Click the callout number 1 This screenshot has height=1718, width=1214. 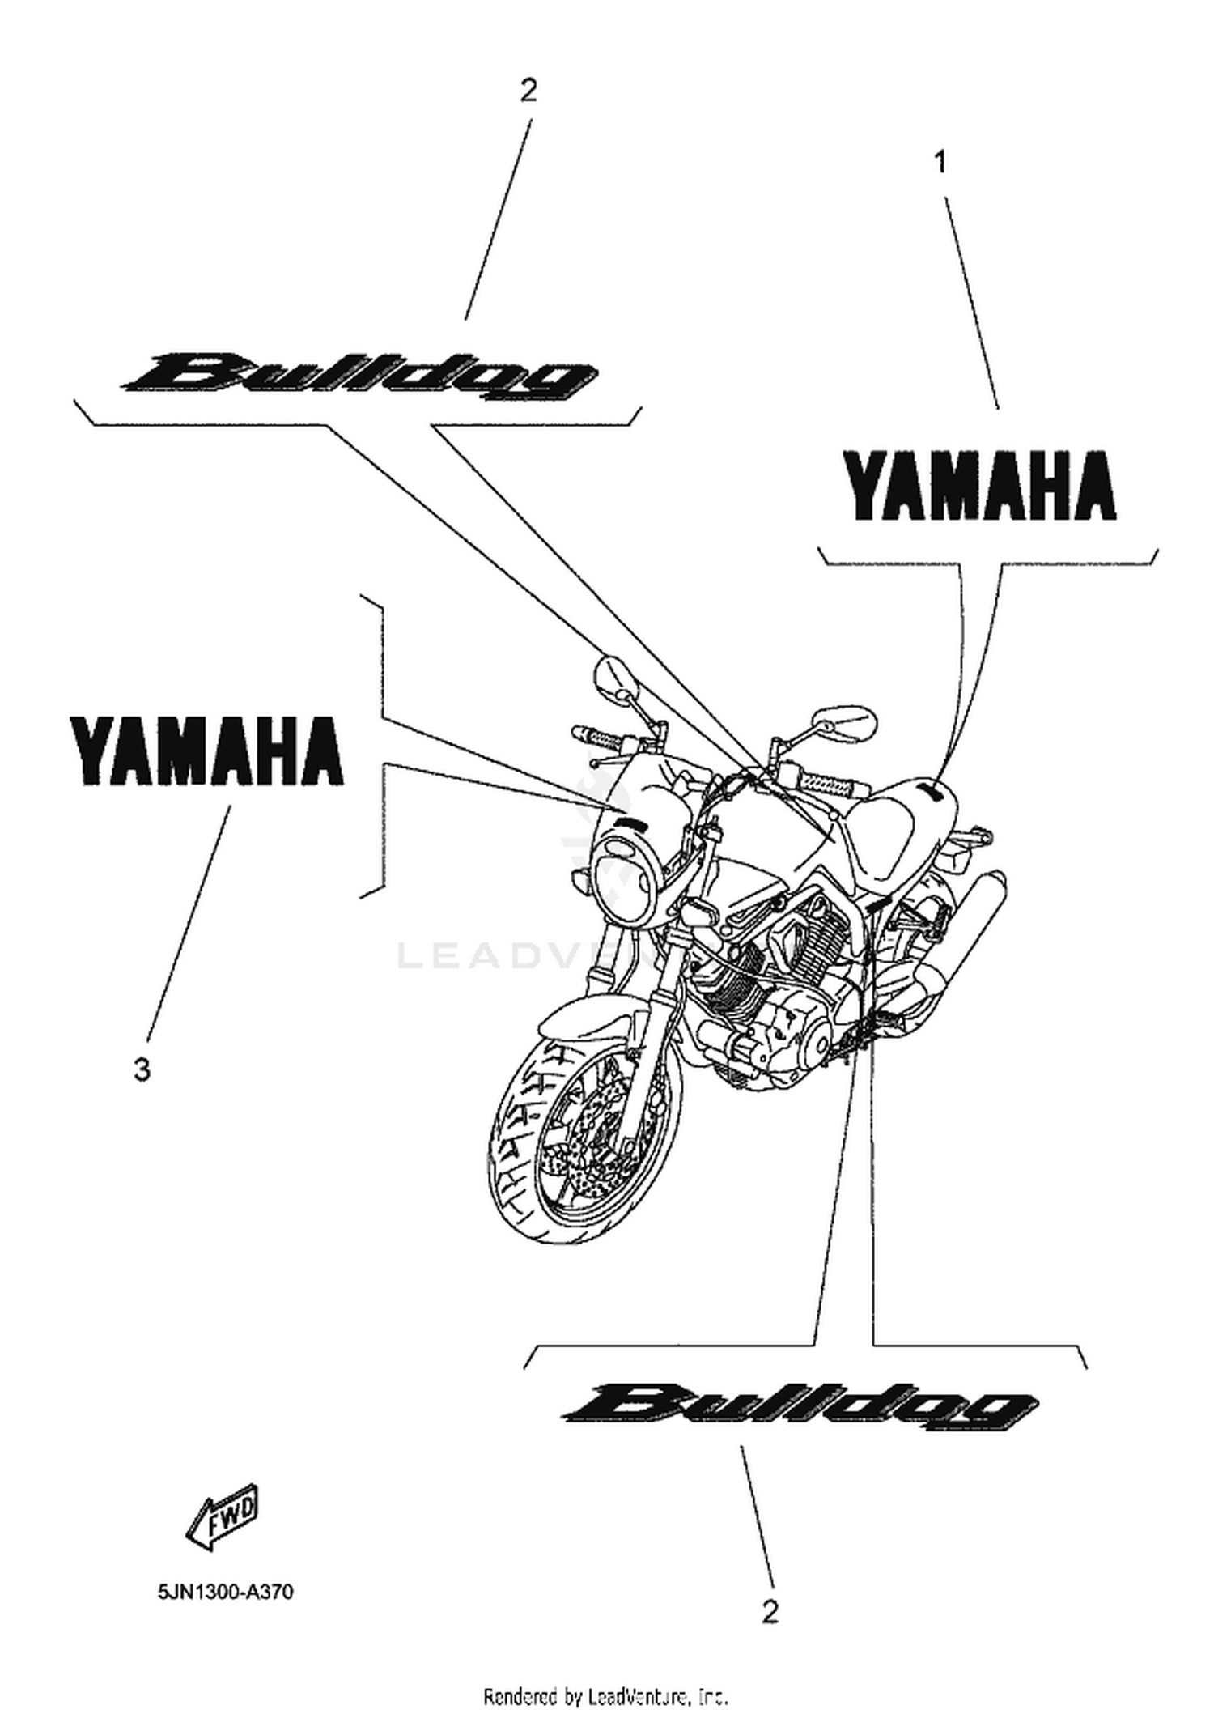click(x=940, y=163)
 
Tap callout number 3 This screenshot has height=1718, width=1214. click(x=142, y=1070)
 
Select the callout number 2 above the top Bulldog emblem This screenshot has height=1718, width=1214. click(x=528, y=90)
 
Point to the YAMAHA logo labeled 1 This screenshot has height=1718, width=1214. click(x=979, y=486)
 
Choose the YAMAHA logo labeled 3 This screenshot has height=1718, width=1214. click(x=208, y=751)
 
